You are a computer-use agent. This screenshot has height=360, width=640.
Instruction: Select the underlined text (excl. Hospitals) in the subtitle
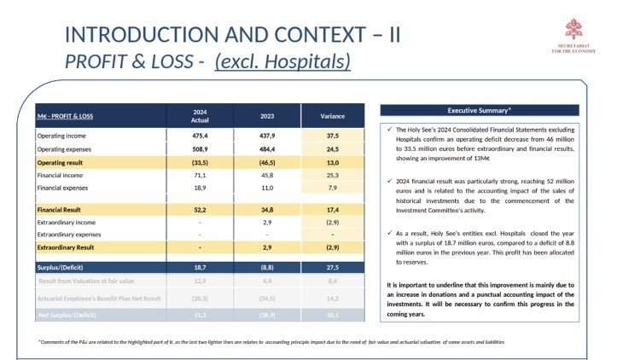pyautogui.click(x=282, y=61)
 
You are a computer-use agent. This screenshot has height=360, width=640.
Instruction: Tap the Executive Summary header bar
pyautogui.click(x=479, y=110)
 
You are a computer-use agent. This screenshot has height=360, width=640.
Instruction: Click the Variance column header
pyautogui.click(x=333, y=116)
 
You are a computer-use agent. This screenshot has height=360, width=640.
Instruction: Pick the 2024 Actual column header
pyautogui.click(x=200, y=116)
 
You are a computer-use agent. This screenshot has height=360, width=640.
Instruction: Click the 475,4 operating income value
pyautogui.click(x=200, y=136)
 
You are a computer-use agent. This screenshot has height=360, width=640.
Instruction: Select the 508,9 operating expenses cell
pyautogui.click(x=200, y=148)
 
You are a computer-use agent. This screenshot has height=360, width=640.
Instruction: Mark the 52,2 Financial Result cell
pyautogui.click(x=200, y=209)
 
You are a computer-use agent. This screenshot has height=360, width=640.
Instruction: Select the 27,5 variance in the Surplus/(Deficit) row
pyautogui.click(x=333, y=267)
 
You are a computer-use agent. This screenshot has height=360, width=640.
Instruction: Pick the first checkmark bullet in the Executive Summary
pyautogui.click(x=388, y=131)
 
